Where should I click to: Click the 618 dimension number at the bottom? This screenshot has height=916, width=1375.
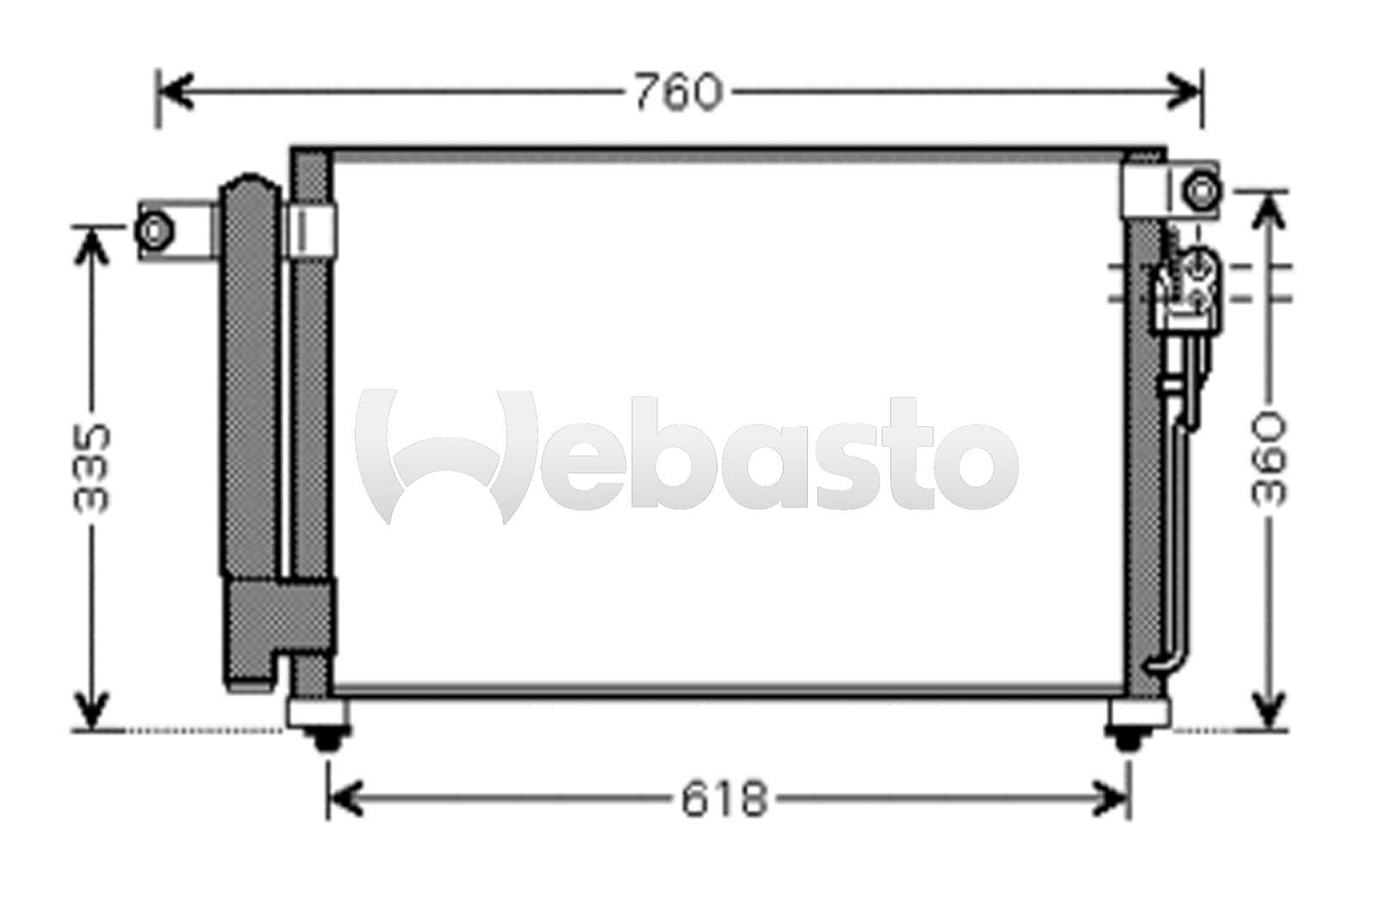(724, 800)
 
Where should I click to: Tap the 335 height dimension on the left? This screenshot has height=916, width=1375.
(92, 468)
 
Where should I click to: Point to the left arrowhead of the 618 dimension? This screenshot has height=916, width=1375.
(344, 800)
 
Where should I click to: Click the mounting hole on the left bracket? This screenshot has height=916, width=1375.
(154, 231)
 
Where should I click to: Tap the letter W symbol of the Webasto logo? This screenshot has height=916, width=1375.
(447, 455)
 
